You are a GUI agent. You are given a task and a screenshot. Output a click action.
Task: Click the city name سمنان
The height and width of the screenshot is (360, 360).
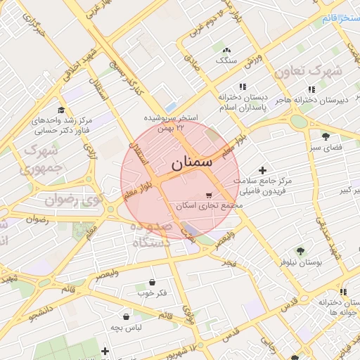coord(191,162)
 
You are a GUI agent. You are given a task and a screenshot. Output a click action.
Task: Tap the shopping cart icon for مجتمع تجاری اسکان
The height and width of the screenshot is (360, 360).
coord(209,196)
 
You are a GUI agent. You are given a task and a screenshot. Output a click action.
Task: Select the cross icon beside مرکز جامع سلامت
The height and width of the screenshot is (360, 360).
coord(262,170)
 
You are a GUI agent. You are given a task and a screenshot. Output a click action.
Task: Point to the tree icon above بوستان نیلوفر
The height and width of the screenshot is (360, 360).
coord(300,251)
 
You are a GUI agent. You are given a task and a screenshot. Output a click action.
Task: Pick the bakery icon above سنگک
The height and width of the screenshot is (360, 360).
coord(226,51)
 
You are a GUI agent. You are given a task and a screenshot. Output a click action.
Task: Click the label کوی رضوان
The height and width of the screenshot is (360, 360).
coord(74,200)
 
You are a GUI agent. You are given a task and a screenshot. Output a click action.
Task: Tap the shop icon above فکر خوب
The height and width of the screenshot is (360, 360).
coord(153,282)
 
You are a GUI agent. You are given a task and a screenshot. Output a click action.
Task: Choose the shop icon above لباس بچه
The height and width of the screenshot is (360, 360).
coord(126,317)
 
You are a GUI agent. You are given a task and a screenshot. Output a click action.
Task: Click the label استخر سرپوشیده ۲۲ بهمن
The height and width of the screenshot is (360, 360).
coord(172,122)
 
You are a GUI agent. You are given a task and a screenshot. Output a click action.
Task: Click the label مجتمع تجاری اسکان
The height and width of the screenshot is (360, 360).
coord(211,207)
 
